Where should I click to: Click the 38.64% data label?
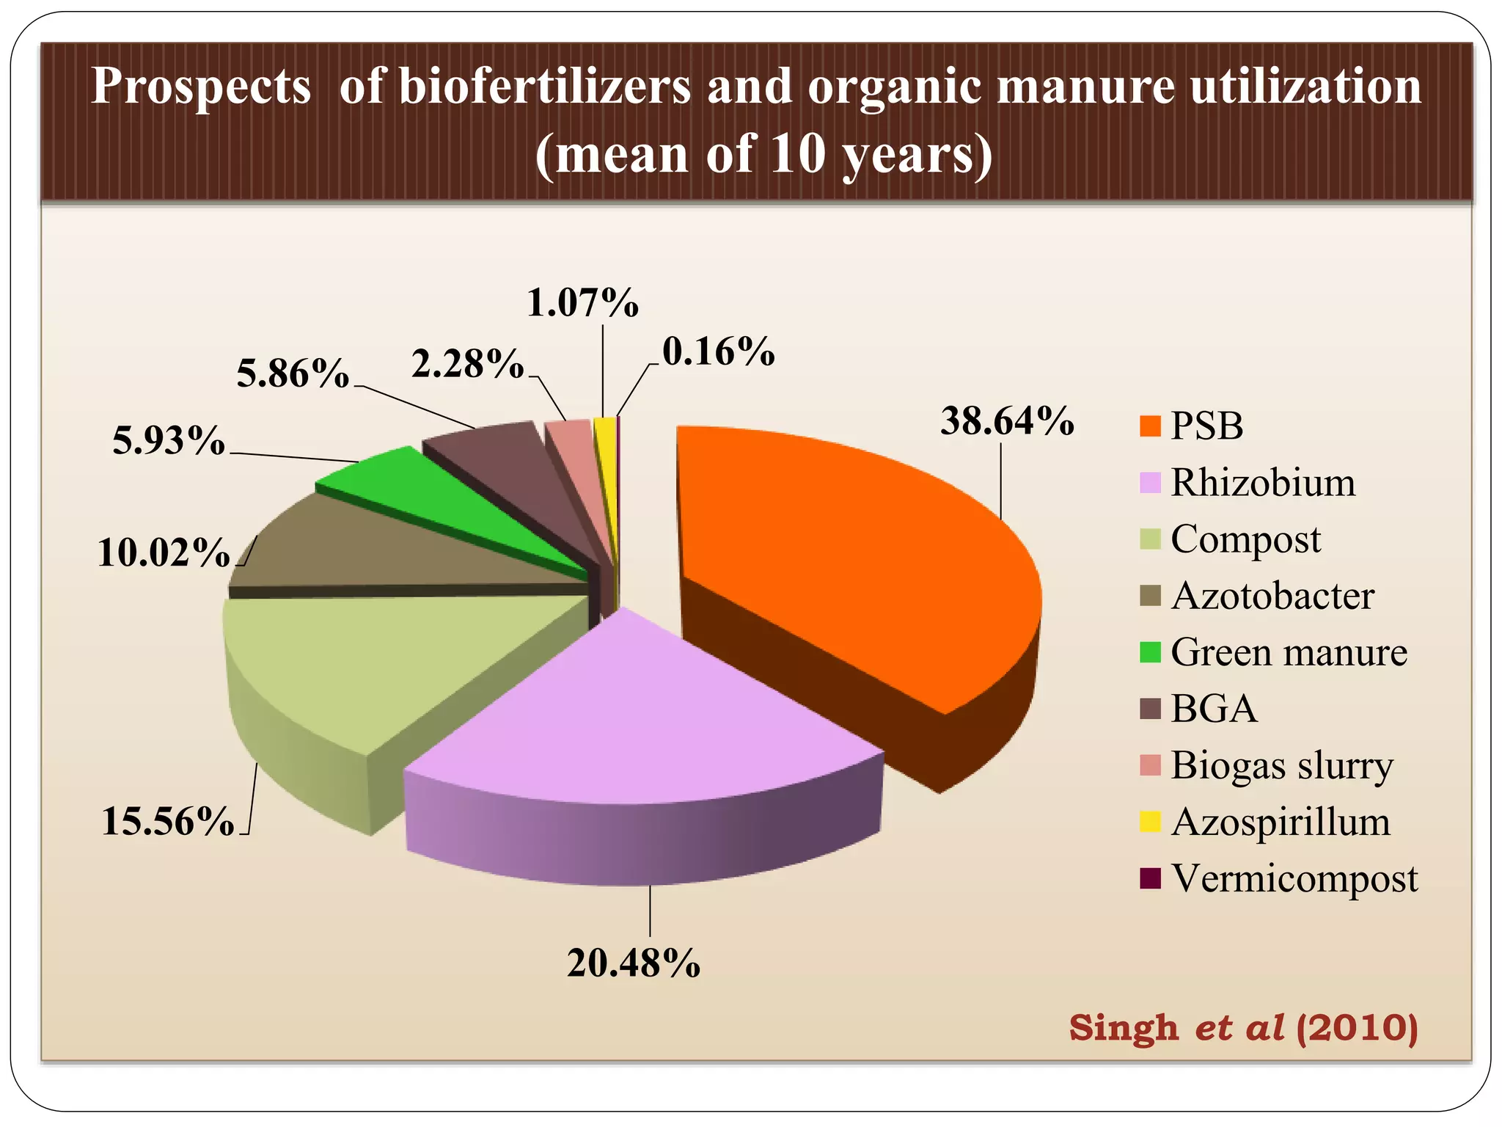click(x=1007, y=422)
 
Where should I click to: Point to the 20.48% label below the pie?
click(x=634, y=963)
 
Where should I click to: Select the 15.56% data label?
click(x=168, y=821)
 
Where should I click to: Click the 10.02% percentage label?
click(x=164, y=552)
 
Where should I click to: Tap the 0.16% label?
click(x=718, y=352)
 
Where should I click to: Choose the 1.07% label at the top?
click(x=583, y=302)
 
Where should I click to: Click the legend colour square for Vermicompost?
click(x=1150, y=878)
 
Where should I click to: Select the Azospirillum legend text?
click(x=1281, y=822)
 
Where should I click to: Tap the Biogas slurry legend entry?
click(x=1282, y=765)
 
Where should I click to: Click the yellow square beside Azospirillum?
click(x=1150, y=822)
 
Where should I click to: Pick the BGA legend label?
click(x=1214, y=709)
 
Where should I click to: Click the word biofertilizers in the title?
click(x=544, y=87)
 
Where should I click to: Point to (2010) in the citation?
click(x=1357, y=1027)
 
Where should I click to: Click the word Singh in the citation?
click(x=1123, y=1028)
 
